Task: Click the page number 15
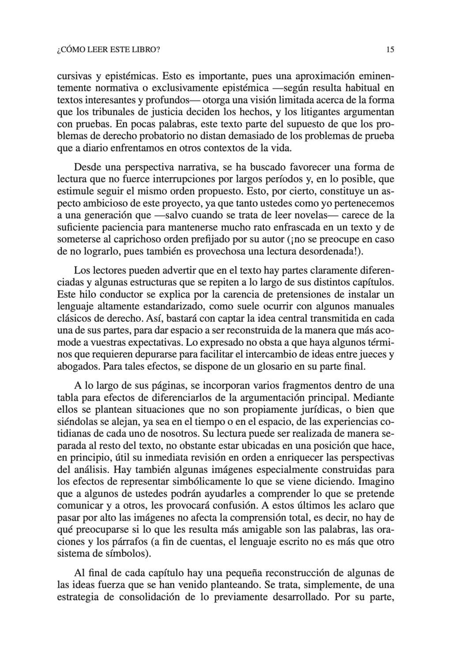coord(390,50)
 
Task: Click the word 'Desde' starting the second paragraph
coord(87,168)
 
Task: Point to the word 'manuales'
coord(376,306)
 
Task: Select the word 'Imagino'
coord(377,481)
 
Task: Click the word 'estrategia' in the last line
coord(79,597)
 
